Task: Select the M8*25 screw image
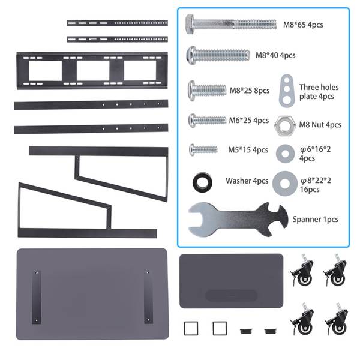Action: pos(208,91)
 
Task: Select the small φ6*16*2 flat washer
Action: pos(283,154)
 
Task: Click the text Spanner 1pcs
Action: pos(315,220)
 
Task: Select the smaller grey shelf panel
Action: pos(231,281)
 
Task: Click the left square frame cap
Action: pos(191,328)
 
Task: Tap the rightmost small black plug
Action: pos(269,330)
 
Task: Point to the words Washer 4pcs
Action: pos(247,181)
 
